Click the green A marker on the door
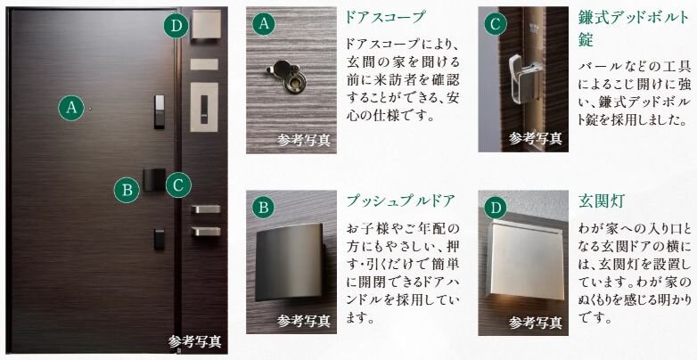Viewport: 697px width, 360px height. pyautogui.click(x=71, y=109)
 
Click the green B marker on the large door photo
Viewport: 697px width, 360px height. pyautogui.click(x=127, y=189)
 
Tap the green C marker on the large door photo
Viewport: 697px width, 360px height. pyautogui.click(x=178, y=184)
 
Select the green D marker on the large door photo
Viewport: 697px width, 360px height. pyautogui.click(x=176, y=26)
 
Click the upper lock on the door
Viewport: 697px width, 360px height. pyautogui.click(x=159, y=111)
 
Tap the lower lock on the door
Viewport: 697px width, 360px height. pyautogui.click(x=159, y=238)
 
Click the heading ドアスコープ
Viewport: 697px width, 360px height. pyautogui.click(x=384, y=17)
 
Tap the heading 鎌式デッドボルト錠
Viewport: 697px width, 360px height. pyautogui.click(x=623, y=29)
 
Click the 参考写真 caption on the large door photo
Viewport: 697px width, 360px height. pyautogui.click(x=195, y=341)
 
